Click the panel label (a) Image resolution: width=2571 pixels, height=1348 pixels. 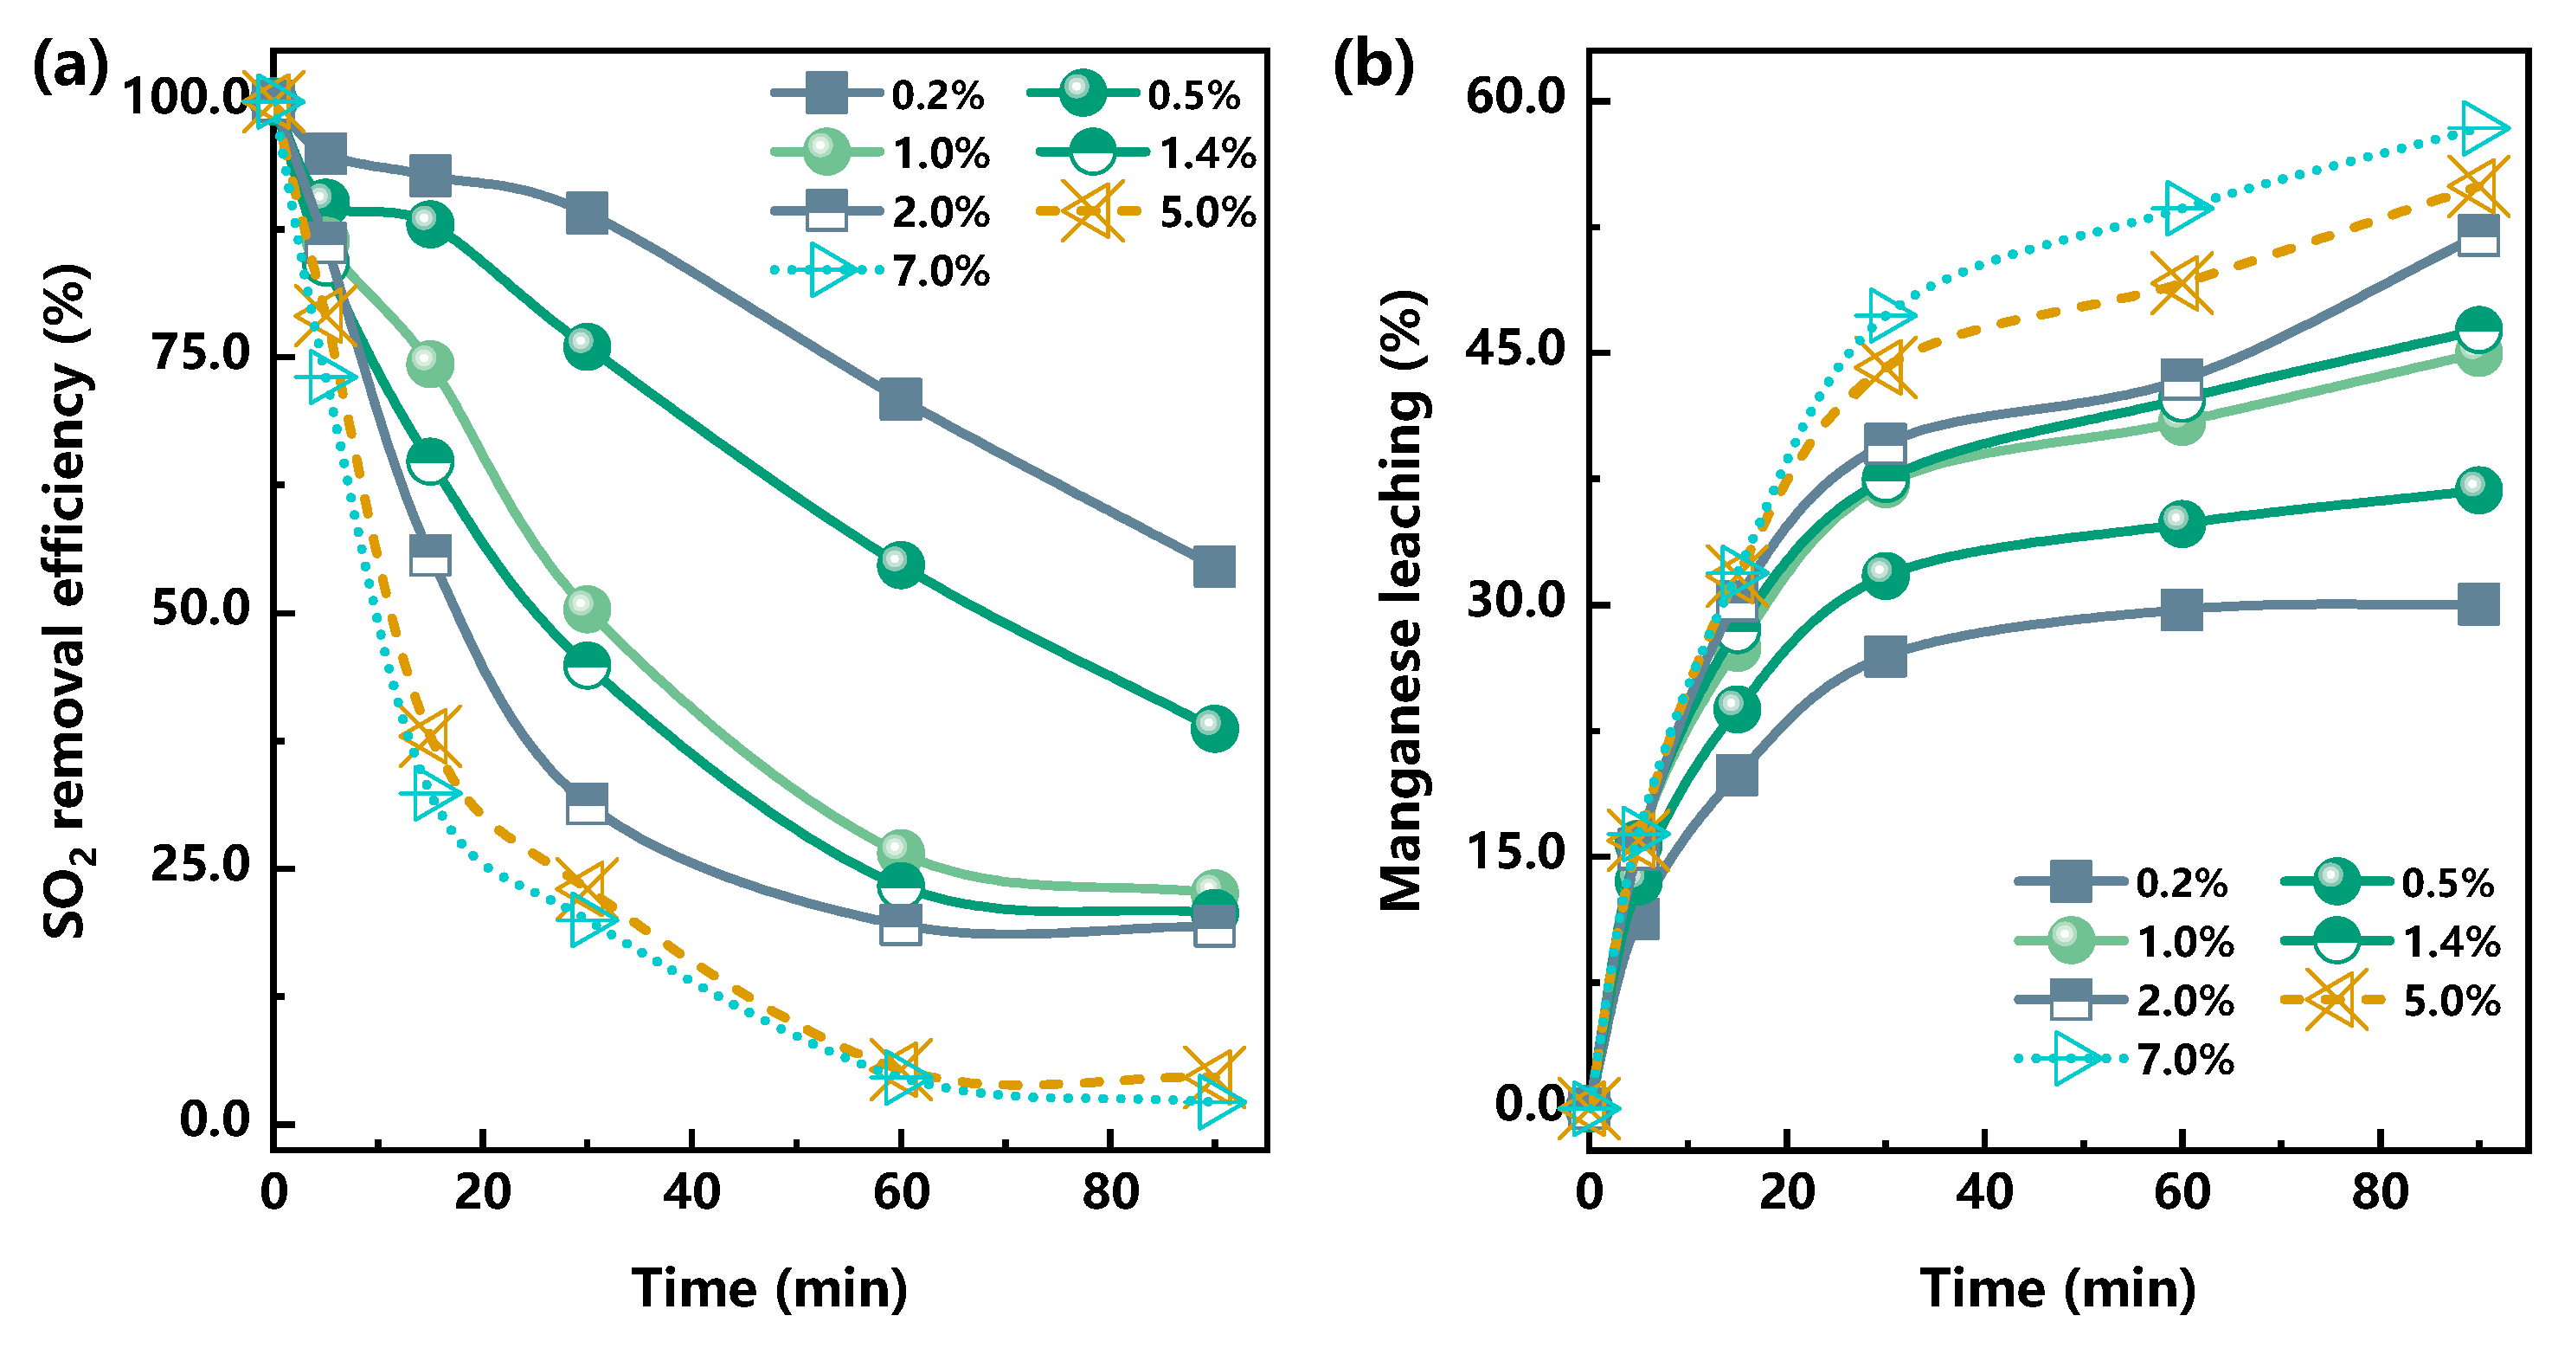70,68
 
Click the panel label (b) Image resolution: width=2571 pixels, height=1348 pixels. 1373,68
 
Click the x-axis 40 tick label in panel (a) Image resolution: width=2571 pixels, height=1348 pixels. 691,1192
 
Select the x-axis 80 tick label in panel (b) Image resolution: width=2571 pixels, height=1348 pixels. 2381,1192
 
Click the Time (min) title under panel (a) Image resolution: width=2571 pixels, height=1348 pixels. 769,1288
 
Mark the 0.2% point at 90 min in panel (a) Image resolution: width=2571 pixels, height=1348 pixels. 1213,566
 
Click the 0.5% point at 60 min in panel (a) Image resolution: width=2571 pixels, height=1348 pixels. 900,564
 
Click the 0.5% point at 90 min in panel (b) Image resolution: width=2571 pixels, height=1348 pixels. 2478,489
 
